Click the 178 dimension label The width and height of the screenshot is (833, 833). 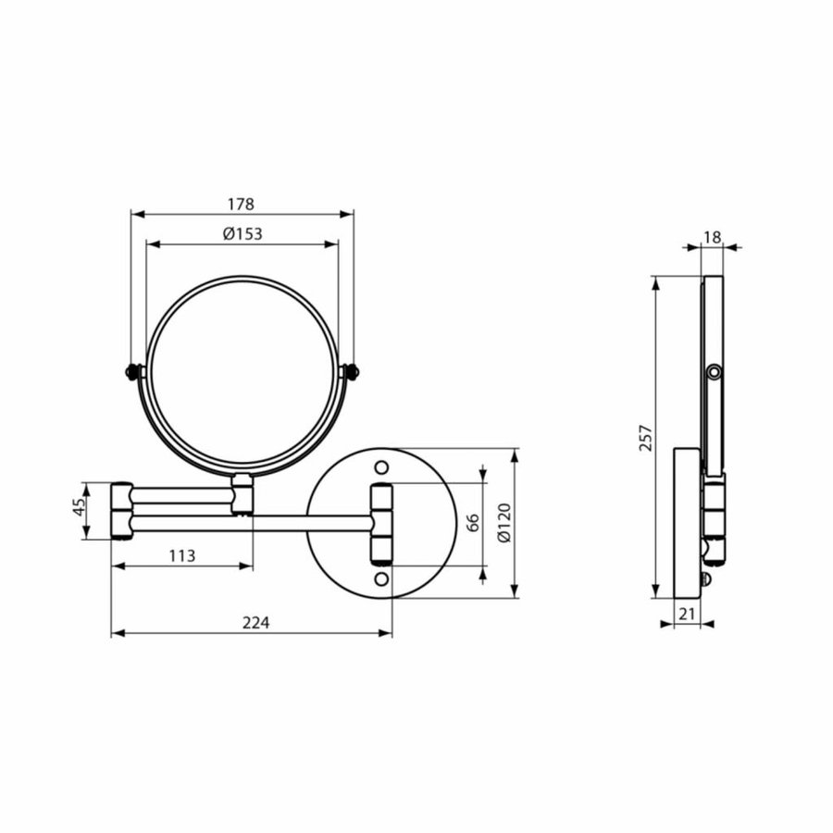coord(242,204)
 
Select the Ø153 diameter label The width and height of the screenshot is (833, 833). coord(242,234)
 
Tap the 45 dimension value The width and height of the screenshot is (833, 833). coord(80,509)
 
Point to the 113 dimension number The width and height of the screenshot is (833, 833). coord(182,555)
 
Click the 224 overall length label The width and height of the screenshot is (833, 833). coord(255,623)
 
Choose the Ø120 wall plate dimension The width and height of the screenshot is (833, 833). coord(504,523)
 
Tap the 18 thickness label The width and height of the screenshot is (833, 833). coord(712,237)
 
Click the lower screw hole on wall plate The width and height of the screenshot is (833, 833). coord(381,579)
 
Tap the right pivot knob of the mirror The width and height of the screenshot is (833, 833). coord(351,372)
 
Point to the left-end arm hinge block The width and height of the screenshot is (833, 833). coord(121,510)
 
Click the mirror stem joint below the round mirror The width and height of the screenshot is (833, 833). coord(242,494)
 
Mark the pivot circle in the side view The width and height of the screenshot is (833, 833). coord(713,372)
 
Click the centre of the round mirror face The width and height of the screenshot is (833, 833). coord(242,375)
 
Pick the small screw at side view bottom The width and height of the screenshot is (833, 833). coord(706,580)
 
